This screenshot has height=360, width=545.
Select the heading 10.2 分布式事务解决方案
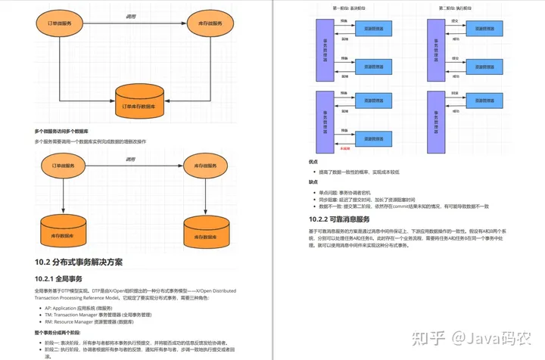click(78, 262)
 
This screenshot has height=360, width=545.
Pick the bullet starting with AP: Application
click(79, 309)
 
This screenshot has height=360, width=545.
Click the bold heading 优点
click(313, 161)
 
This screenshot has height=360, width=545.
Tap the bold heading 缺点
click(313, 182)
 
